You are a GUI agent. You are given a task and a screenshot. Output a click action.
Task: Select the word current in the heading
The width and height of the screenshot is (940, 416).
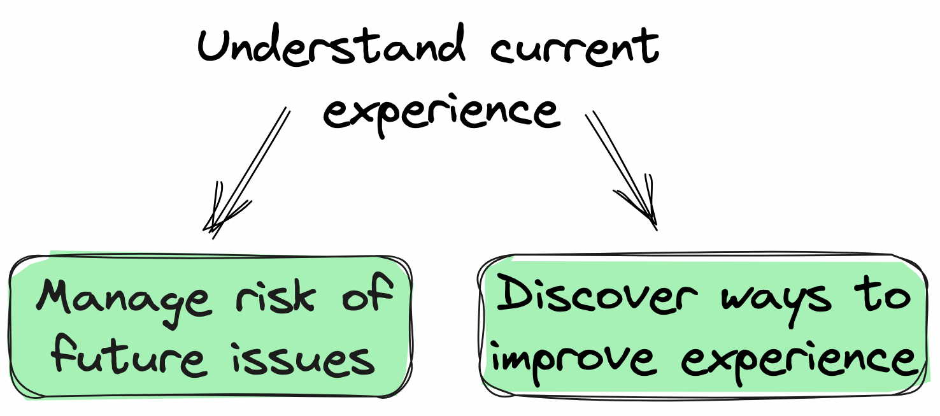tap(575, 48)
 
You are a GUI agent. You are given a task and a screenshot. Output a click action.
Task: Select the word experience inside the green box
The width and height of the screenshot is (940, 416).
tap(802, 360)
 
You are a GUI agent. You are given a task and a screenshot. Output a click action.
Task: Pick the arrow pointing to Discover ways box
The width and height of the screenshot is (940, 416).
tap(621, 169)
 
